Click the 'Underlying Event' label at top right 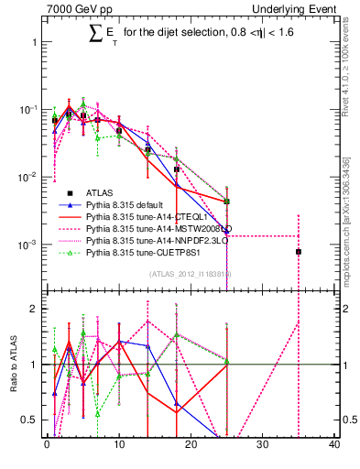(x=299, y=8)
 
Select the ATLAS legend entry (x=100, y=193)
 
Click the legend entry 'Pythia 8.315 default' (x=127, y=206)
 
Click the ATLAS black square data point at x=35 (x=298, y=251)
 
